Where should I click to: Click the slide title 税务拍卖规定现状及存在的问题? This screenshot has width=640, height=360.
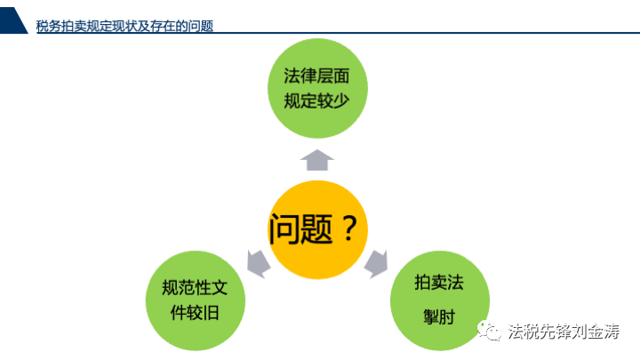point(124,26)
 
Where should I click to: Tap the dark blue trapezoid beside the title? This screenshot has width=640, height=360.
point(12,20)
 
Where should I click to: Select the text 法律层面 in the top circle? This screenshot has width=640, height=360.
point(316,76)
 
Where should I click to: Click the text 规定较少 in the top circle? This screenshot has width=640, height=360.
point(316,100)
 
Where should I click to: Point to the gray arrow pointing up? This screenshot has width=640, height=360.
point(317,160)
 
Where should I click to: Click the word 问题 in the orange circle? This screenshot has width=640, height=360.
point(301,228)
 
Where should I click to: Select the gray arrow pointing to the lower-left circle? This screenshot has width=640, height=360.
point(258,264)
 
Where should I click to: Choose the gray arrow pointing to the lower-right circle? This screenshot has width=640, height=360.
point(376,264)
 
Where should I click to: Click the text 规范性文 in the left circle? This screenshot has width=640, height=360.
point(195,288)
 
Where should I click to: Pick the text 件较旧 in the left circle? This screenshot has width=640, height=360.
point(195,313)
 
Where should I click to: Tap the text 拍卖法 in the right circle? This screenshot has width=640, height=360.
point(439,283)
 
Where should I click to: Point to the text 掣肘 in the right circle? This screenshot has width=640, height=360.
point(439,316)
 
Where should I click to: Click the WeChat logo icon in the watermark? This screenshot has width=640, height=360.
point(490,330)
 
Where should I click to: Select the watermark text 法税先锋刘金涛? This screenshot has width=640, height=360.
point(564,331)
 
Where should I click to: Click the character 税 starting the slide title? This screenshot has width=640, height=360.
point(42,26)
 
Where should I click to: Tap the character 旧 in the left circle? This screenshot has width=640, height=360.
point(212,313)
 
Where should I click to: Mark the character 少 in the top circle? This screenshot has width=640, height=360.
point(341,100)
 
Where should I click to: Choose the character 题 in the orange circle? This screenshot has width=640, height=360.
point(317,229)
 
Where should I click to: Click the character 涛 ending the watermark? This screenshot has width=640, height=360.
point(612,331)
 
